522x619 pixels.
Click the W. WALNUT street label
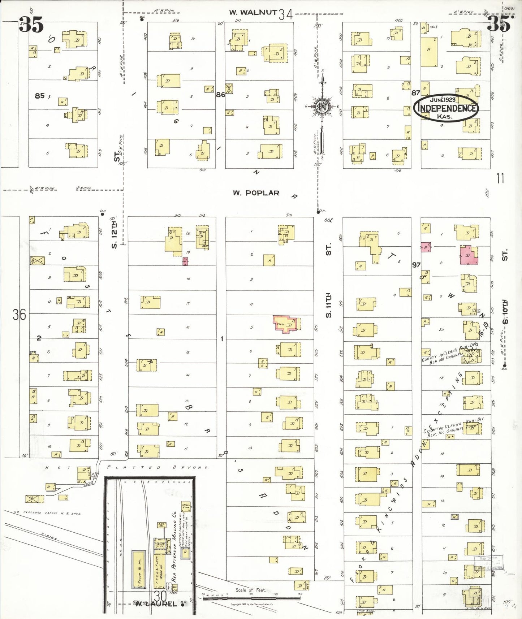pyautogui.click(x=253, y=13)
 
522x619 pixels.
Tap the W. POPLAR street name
pyautogui.click(x=256, y=193)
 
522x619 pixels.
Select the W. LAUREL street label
pyautogui.click(x=156, y=604)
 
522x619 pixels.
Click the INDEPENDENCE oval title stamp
pyautogui.click(x=446, y=108)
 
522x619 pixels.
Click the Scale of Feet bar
pyautogui.click(x=251, y=598)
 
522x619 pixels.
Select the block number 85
pyautogui.click(x=40, y=96)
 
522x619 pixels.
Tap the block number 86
pyautogui.click(x=220, y=95)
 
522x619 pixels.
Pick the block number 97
pyautogui.click(x=416, y=265)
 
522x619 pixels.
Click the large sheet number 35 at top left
pyautogui.click(x=31, y=25)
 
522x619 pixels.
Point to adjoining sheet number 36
pyautogui.click(x=19, y=315)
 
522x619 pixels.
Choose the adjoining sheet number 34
pyautogui.click(x=285, y=14)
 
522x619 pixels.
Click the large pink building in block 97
pyautogui.click(x=469, y=255)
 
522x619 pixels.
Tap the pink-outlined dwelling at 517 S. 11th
pyautogui.click(x=286, y=324)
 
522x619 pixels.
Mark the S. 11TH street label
pyautogui.click(x=328, y=305)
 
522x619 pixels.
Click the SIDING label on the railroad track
pyautogui.click(x=49, y=536)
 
